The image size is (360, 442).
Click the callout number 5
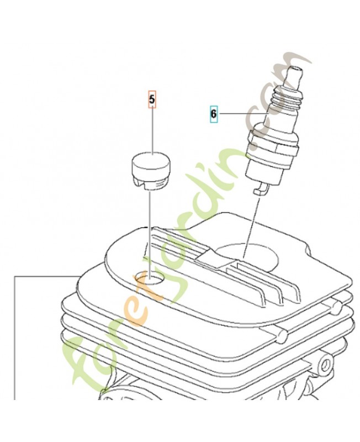(x=152, y=99)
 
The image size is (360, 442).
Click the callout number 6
(x=214, y=114)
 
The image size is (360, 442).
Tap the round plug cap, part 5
(x=151, y=171)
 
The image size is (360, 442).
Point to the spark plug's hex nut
(x=272, y=142)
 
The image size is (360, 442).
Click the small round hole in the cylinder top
(x=150, y=278)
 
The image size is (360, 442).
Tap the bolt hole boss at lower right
(x=325, y=364)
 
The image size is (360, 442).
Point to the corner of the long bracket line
(x=15, y=277)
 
